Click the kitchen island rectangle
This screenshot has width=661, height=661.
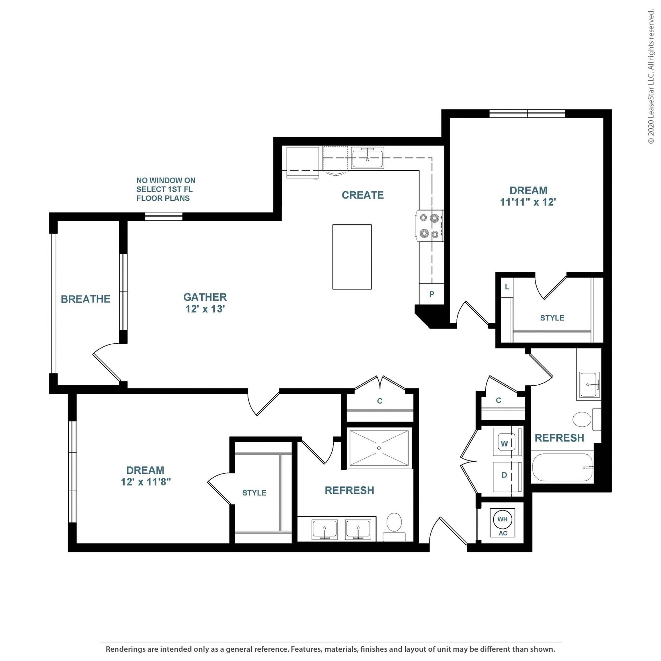[x=352, y=257]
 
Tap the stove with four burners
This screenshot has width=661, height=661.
[x=429, y=226]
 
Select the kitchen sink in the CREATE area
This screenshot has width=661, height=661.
[x=367, y=158]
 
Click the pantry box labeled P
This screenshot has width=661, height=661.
[x=432, y=294]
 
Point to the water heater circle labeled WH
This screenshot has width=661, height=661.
[x=502, y=519]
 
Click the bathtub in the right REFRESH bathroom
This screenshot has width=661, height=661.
[x=562, y=467]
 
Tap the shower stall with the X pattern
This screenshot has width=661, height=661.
[x=379, y=448]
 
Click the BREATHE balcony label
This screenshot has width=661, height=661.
[x=86, y=299]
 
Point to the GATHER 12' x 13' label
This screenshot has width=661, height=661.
[x=205, y=303]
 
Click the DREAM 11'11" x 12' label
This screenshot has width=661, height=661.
[x=528, y=196]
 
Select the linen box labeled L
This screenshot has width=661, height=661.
[x=507, y=287]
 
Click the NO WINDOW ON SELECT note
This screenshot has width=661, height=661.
[x=166, y=189]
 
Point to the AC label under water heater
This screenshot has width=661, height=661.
[x=503, y=533]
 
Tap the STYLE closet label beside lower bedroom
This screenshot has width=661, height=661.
[x=254, y=493]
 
